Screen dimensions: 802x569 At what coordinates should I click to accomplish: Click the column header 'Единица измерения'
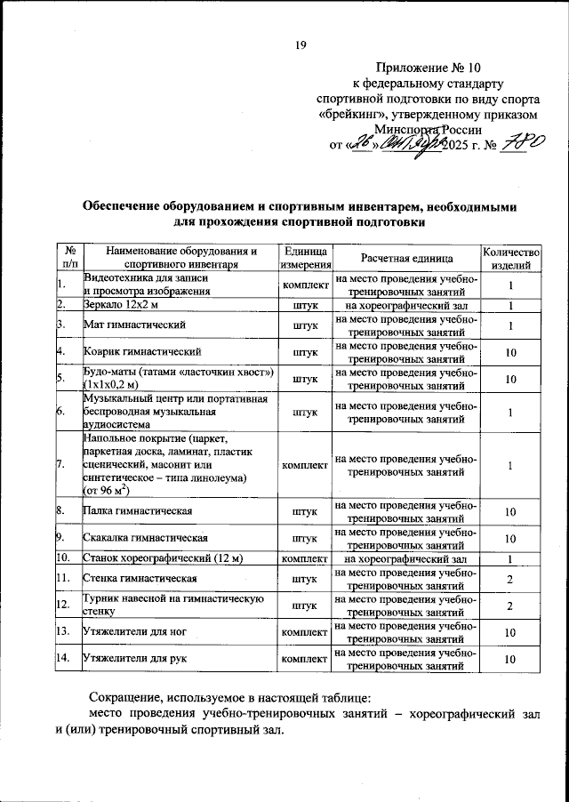pyautogui.click(x=305, y=257)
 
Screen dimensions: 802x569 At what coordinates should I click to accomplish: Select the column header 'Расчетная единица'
pyautogui.click(x=407, y=257)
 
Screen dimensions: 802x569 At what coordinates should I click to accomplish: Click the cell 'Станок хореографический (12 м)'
pyautogui.click(x=163, y=558)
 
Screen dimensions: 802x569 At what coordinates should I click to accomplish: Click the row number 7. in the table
pyautogui.click(x=60, y=464)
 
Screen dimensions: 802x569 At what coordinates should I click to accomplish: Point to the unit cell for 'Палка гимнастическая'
pyautogui.click(x=305, y=512)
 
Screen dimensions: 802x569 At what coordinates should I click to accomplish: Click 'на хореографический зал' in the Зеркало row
pyautogui.click(x=407, y=305)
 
